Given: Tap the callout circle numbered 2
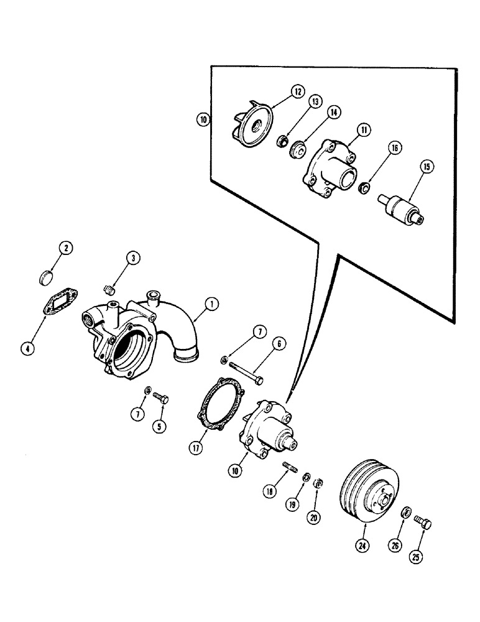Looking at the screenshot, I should pos(64,249).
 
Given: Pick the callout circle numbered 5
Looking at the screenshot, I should pos(161,427).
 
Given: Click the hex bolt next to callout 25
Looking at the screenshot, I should pos(423,524).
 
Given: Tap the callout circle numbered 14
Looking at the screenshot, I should pos(335,112).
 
